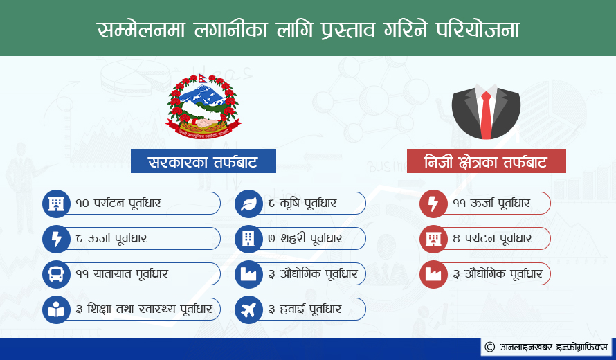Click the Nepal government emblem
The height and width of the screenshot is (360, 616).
point(203,106)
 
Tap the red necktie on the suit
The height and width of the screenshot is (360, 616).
point(486,115)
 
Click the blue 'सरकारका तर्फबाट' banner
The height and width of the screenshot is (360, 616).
point(203,161)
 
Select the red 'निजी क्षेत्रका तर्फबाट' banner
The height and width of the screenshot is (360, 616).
point(487,161)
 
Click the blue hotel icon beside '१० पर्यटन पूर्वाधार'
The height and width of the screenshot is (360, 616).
point(56,203)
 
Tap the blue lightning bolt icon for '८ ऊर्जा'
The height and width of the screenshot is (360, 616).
point(56,239)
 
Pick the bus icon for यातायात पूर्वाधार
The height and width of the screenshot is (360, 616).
point(56,274)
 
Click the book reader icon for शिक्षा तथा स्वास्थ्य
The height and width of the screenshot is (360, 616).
point(56,309)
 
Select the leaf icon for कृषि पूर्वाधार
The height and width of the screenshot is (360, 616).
point(248,203)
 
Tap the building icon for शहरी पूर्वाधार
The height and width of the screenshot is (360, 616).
point(248,239)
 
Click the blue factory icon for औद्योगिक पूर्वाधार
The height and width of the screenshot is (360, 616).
point(248,274)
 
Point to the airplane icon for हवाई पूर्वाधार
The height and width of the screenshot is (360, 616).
point(248,309)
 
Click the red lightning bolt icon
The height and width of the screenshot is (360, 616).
point(433,203)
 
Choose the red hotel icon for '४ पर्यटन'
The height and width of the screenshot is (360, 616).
point(433,239)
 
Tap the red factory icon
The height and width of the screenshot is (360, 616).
point(433,274)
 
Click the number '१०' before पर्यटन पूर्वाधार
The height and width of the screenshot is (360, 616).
point(82,203)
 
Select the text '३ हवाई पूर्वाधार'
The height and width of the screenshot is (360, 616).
point(305,309)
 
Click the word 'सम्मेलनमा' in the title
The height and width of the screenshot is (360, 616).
point(141,30)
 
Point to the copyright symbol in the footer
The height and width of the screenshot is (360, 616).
point(489,347)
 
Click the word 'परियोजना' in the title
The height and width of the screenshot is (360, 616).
point(478,30)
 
